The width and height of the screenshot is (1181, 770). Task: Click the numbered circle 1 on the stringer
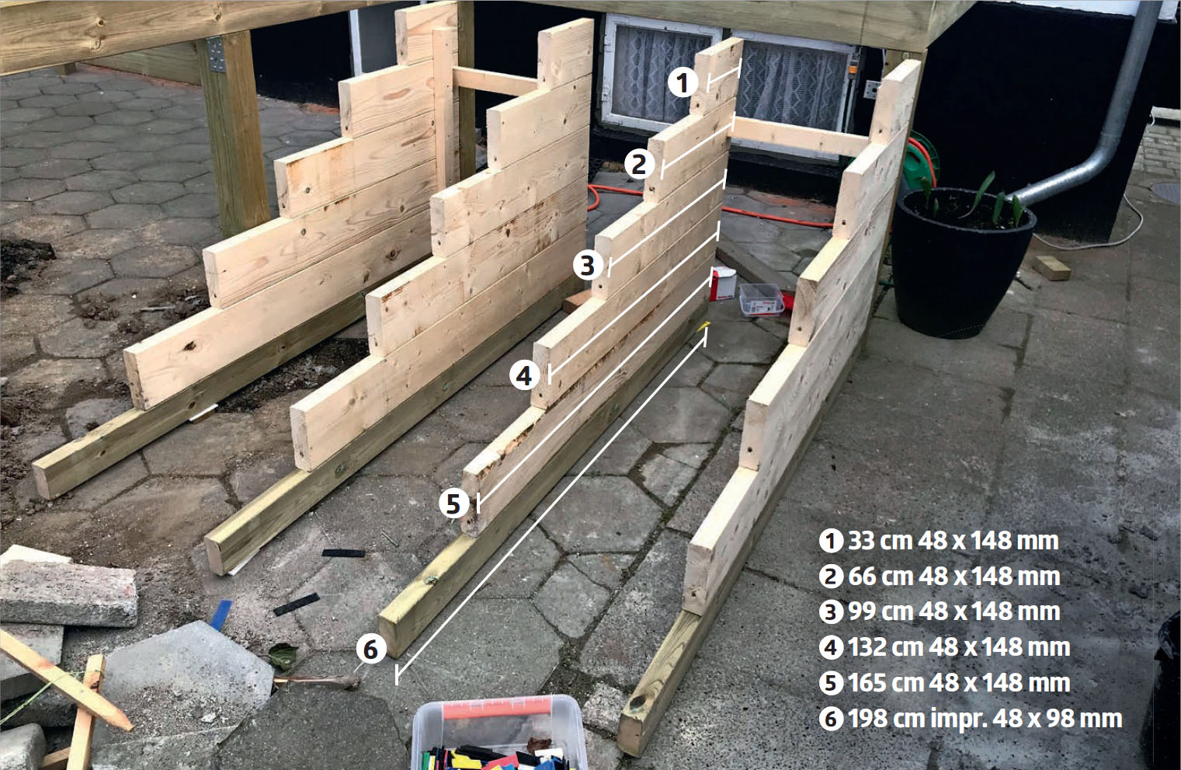pos(683,83)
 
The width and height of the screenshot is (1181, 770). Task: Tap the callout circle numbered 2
pos(640,164)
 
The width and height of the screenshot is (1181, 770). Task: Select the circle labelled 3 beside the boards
pos(588,265)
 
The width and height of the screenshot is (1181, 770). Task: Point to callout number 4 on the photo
pos(524,376)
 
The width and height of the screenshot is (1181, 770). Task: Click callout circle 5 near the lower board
pos(454,503)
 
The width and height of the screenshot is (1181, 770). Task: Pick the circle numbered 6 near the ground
pos(371,649)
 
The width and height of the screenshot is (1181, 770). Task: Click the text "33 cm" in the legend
pos(880,541)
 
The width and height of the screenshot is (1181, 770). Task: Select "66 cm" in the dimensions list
pos(881,577)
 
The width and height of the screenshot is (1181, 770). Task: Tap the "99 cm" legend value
pos(881,611)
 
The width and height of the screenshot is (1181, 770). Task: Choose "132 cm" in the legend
pos(885,647)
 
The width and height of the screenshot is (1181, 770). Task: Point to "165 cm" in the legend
pos(885,683)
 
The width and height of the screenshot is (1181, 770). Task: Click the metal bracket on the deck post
pos(216,54)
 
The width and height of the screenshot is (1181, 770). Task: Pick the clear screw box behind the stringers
pos(762,299)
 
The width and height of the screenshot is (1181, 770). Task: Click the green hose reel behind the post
pos(920,159)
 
